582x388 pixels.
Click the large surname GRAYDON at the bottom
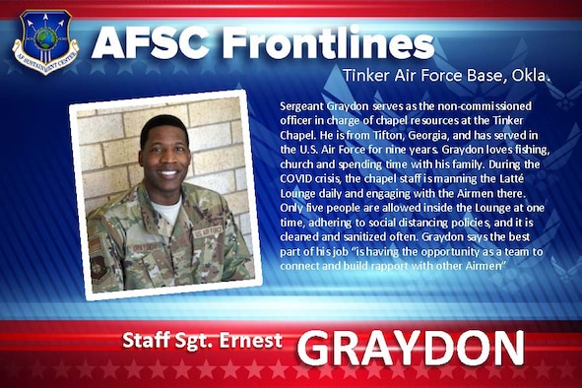click(x=411, y=347)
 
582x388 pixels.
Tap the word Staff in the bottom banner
click(x=148, y=341)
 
